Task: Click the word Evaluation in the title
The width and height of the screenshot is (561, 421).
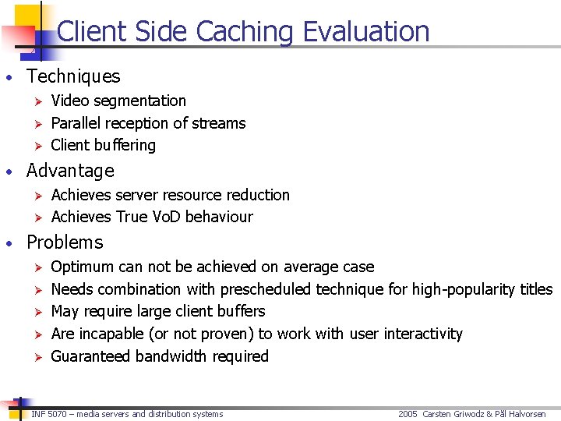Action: click(366, 32)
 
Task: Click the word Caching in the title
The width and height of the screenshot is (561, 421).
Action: click(245, 32)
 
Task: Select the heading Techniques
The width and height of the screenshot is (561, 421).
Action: click(73, 76)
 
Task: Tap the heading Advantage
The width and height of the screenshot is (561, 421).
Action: click(70, 171)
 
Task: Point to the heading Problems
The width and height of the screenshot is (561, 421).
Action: click(65, 242)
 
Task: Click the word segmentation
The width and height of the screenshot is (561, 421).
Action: click(139, 101)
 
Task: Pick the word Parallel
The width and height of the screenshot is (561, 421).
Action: click(76, 123)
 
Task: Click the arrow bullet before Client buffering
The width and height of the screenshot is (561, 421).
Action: click(34, 145)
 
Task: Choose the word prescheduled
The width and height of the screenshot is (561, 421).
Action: click(266, 289)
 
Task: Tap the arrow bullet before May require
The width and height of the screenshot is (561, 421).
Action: click(34, 311)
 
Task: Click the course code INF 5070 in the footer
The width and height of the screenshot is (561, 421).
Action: click(48, 414)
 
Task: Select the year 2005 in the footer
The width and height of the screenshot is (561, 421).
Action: click(408, 414)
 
